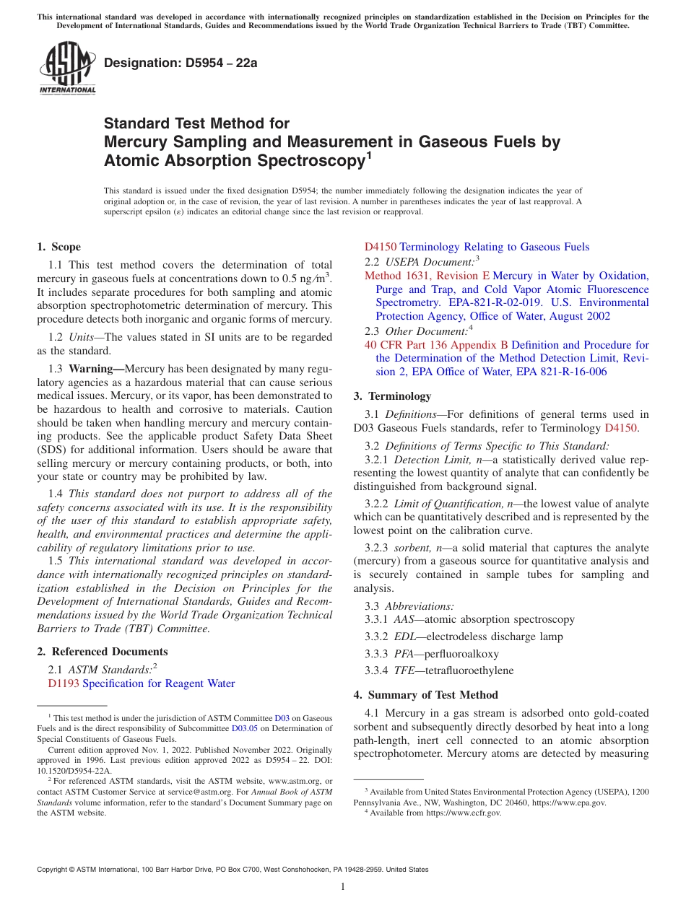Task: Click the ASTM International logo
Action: (67, 68)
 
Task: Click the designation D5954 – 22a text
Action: (181, 63)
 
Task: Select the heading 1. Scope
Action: (59, 247)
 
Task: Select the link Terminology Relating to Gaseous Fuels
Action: (494, 247)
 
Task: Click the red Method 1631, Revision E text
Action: (427, 276)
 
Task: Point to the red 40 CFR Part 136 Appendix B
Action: (436, 345)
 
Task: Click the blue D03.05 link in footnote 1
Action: (244, 729)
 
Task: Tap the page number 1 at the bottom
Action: (343, 887)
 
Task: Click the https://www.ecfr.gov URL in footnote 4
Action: (463, 813)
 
